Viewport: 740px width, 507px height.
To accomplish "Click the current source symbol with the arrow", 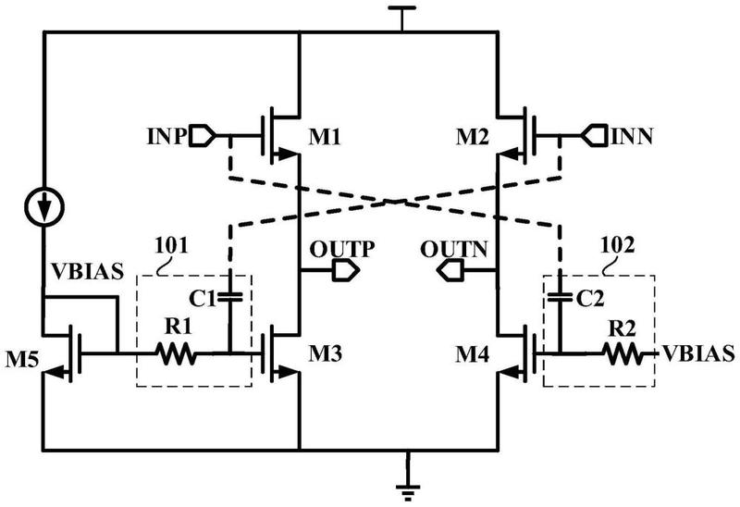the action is tap(43, 206).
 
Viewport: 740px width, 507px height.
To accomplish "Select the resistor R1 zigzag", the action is tap(176, 353).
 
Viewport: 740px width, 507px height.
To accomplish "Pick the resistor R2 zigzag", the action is tap(623, 353).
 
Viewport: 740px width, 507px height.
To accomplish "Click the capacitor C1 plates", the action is tap(229, 297).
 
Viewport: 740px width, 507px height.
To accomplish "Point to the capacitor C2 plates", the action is tap(561, 297).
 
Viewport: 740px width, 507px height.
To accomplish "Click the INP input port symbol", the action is tap(202, 136).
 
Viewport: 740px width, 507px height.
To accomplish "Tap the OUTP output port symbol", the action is tap(346, 270).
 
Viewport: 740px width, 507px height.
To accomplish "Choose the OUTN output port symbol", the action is tap(450, 271).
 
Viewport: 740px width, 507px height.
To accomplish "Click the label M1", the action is tap(325, 137).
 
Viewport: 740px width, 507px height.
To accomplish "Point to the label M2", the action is tap(472, 137).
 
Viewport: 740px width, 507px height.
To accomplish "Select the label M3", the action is tap(325, 353).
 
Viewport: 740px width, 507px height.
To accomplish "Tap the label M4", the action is tap(472, 354).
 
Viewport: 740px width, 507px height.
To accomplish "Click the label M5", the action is tap(21, 360).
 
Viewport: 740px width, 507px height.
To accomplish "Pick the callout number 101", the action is tap(171, 245).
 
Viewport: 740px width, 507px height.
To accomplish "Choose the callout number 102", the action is tap(617, 245).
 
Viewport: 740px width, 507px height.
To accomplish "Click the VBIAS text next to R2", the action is tap(698, 353).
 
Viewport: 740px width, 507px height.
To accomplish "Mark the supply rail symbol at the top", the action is tap(401, 19).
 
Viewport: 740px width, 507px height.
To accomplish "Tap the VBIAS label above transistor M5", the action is tap(87, 271).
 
